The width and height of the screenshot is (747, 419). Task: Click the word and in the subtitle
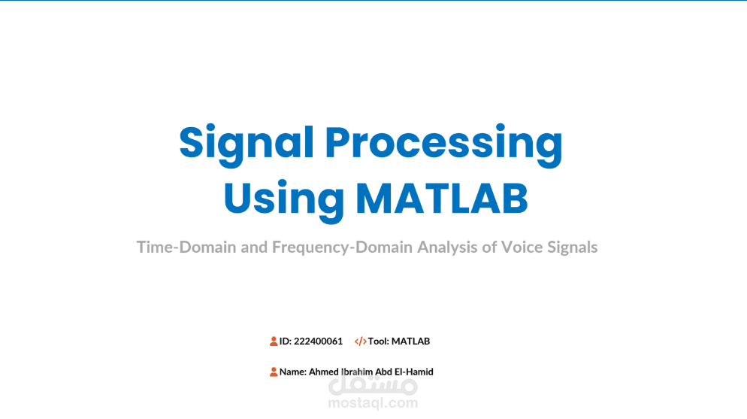pos(254,247)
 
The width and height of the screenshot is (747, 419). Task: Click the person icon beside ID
pos(274,342)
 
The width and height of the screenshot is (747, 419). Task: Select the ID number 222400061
pos(318,342)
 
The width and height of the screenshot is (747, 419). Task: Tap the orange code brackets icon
pos(361,342)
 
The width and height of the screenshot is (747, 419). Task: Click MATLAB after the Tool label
pos(410,342)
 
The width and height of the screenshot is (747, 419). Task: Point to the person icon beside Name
pos(274,372)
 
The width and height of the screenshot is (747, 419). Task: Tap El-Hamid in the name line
pos(416,372)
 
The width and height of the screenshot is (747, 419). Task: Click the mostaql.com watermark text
pos(373,403)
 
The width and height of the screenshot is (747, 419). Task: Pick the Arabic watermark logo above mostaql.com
pos(373,385)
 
